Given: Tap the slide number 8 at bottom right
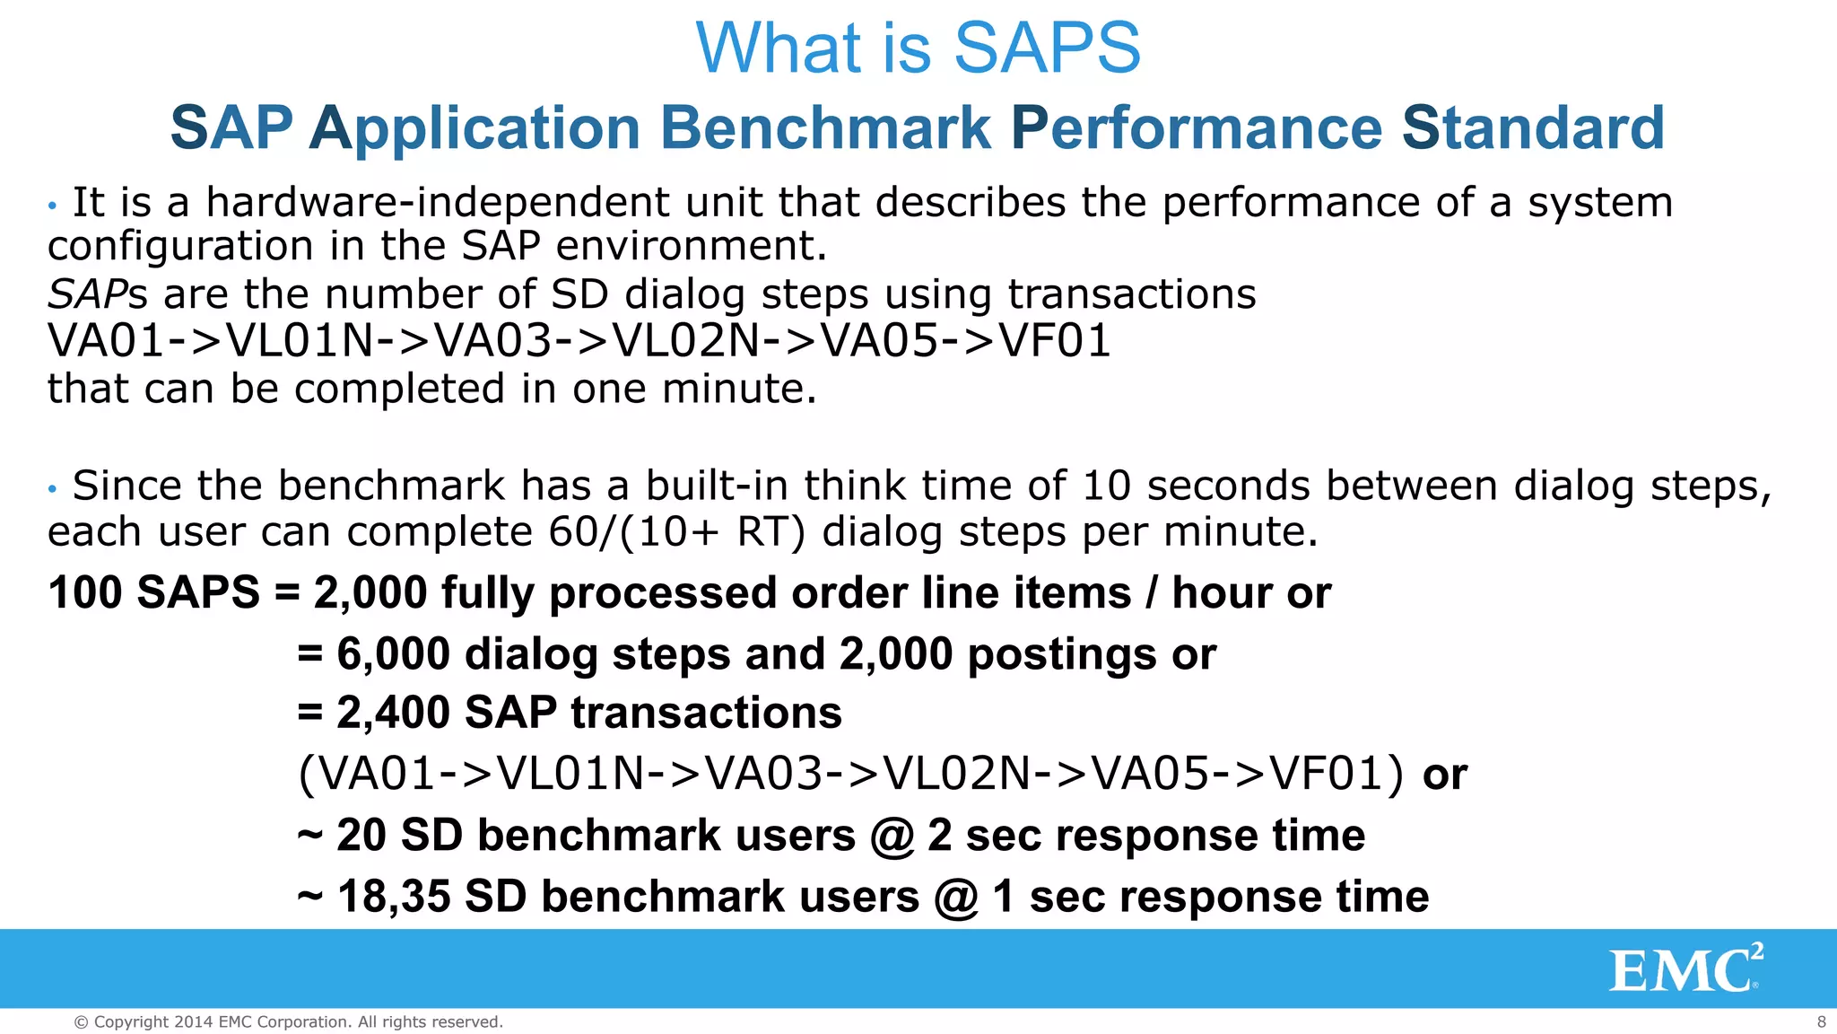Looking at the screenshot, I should point(1821,1021).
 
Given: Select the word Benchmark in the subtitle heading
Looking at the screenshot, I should point(825,127).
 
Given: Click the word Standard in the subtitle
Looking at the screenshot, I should point(1533,127).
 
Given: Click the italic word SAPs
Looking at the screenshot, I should point(97,294).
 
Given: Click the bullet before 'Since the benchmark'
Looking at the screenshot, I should point(53,489).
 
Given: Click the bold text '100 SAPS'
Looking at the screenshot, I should point(153,593).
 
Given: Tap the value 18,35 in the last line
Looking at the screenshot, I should point(394,897).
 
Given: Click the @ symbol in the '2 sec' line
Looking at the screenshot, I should point(892,837).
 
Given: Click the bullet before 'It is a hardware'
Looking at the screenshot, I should point(53,206).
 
